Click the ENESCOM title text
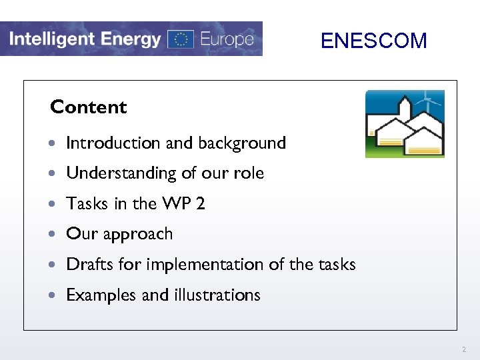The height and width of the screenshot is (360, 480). [373, 41]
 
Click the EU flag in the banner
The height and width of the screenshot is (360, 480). [180, 39]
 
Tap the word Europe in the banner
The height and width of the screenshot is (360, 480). [227, 39]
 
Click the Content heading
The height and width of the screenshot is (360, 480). [89, 107]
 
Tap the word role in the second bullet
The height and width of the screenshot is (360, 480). [249, 173]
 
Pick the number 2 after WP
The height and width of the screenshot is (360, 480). [201, 203]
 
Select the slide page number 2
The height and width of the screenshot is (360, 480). [463, 349]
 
